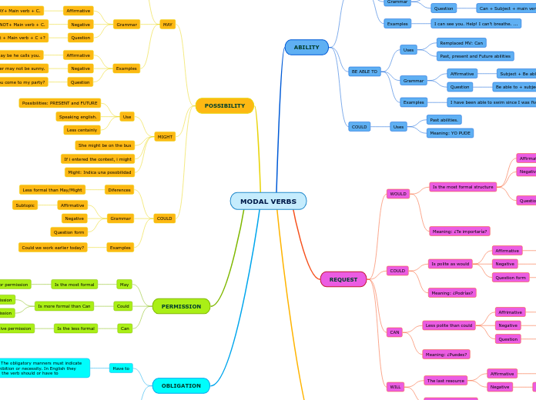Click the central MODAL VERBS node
tap(268, 202)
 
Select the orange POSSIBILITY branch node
tap(224, 106)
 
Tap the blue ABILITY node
tap(307, 48)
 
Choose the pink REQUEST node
tap(343, 279)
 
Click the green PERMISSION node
tap(181, 306)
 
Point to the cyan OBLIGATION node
tap(181, 385)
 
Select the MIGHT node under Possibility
tap(165, 137)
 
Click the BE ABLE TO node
tap(364, 72)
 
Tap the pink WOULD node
tap(398, 194)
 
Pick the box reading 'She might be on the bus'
tap(105, 145)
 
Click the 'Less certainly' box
tap(82, 130)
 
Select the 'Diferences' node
tap(119, 190)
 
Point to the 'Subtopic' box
tap(25, 205)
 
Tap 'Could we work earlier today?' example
tap(53, 248)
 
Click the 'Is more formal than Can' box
tap(64, 306)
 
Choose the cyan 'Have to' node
tap(121, 368)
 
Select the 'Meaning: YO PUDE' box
tap(450, 133)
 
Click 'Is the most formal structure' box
tap(463, 187)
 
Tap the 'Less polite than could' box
tap(449, 325)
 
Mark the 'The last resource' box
tap(446, 381)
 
